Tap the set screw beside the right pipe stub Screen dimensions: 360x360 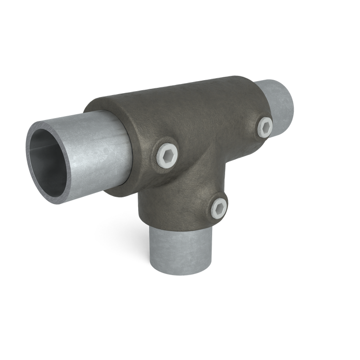265,126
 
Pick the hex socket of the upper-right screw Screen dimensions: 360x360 265,126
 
